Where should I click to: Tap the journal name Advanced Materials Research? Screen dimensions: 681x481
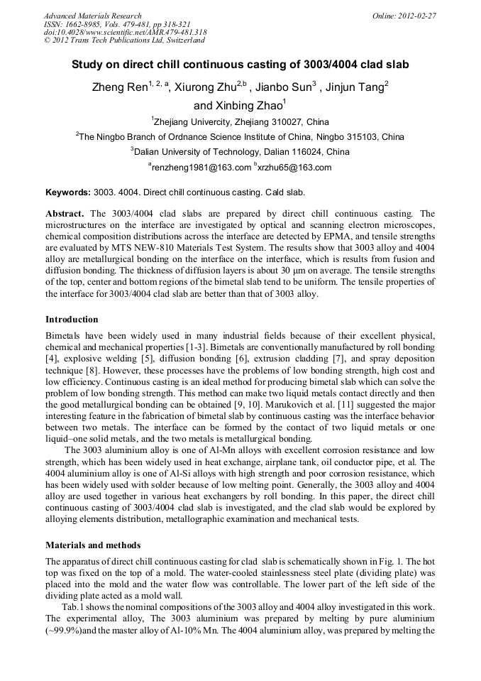pyautogui.click(x=92, y=16)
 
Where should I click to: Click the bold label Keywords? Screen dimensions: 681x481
pyautogui.click(x=67, y=192)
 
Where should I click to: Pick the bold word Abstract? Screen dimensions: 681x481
pyautogui.click(x=65, y=214)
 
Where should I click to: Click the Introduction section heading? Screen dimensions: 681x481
pyautogui.click(x=72, y=320)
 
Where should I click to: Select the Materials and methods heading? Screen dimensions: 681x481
pyautogui.click(x=92, y=545)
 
